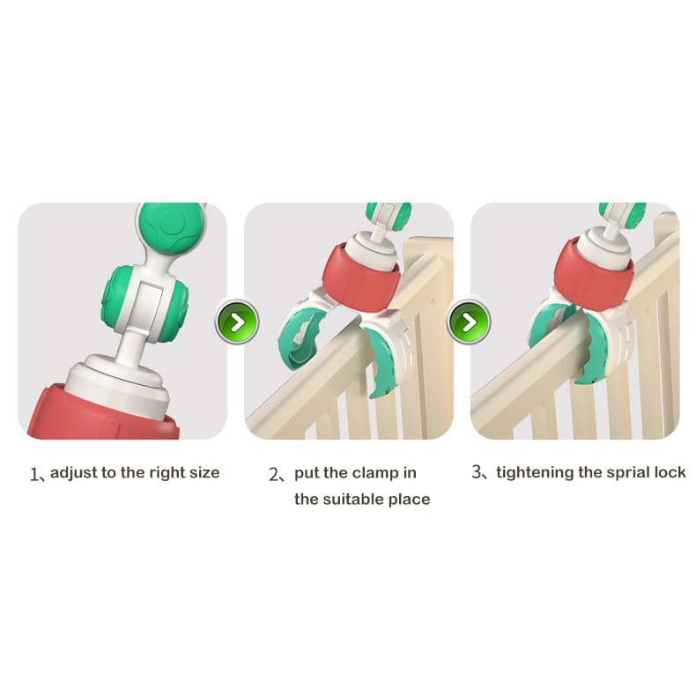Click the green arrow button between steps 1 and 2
point(237,322)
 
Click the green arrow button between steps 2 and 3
point(470,322)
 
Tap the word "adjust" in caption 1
point(74,473)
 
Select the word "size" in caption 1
point(204,473)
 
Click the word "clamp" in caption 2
point(373,474)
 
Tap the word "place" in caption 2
point(410,500)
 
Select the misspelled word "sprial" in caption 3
point(605,473)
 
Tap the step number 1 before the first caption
point(33,475)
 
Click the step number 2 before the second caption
point(273,475)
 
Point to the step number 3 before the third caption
point(477,472)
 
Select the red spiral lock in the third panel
point(593,276)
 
